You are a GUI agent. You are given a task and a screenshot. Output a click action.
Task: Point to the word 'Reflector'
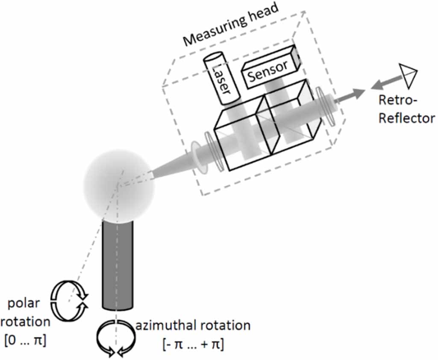tap(406, 118)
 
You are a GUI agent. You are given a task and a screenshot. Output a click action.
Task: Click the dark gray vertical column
tap(118, 265)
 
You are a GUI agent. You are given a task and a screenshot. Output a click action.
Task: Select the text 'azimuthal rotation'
tap(193, 325)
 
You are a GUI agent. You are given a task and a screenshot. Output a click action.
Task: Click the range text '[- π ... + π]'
tap(193, 343)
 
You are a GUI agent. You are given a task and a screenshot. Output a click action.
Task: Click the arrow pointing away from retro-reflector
tap(384, 84)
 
